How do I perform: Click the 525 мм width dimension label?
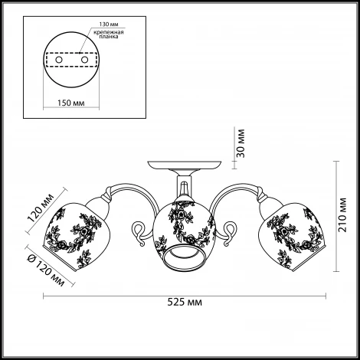point(185,302)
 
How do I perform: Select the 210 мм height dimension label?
point(342,215)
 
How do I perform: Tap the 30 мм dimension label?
point(241,143)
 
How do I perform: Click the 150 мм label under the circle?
point(70,103)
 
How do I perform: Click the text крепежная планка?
point(109,34)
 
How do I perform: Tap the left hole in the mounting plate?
point(59,60)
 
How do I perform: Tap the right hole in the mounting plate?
point(84,60)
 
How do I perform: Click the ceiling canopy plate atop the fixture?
point(185,165)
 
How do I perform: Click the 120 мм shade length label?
point(41,208)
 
